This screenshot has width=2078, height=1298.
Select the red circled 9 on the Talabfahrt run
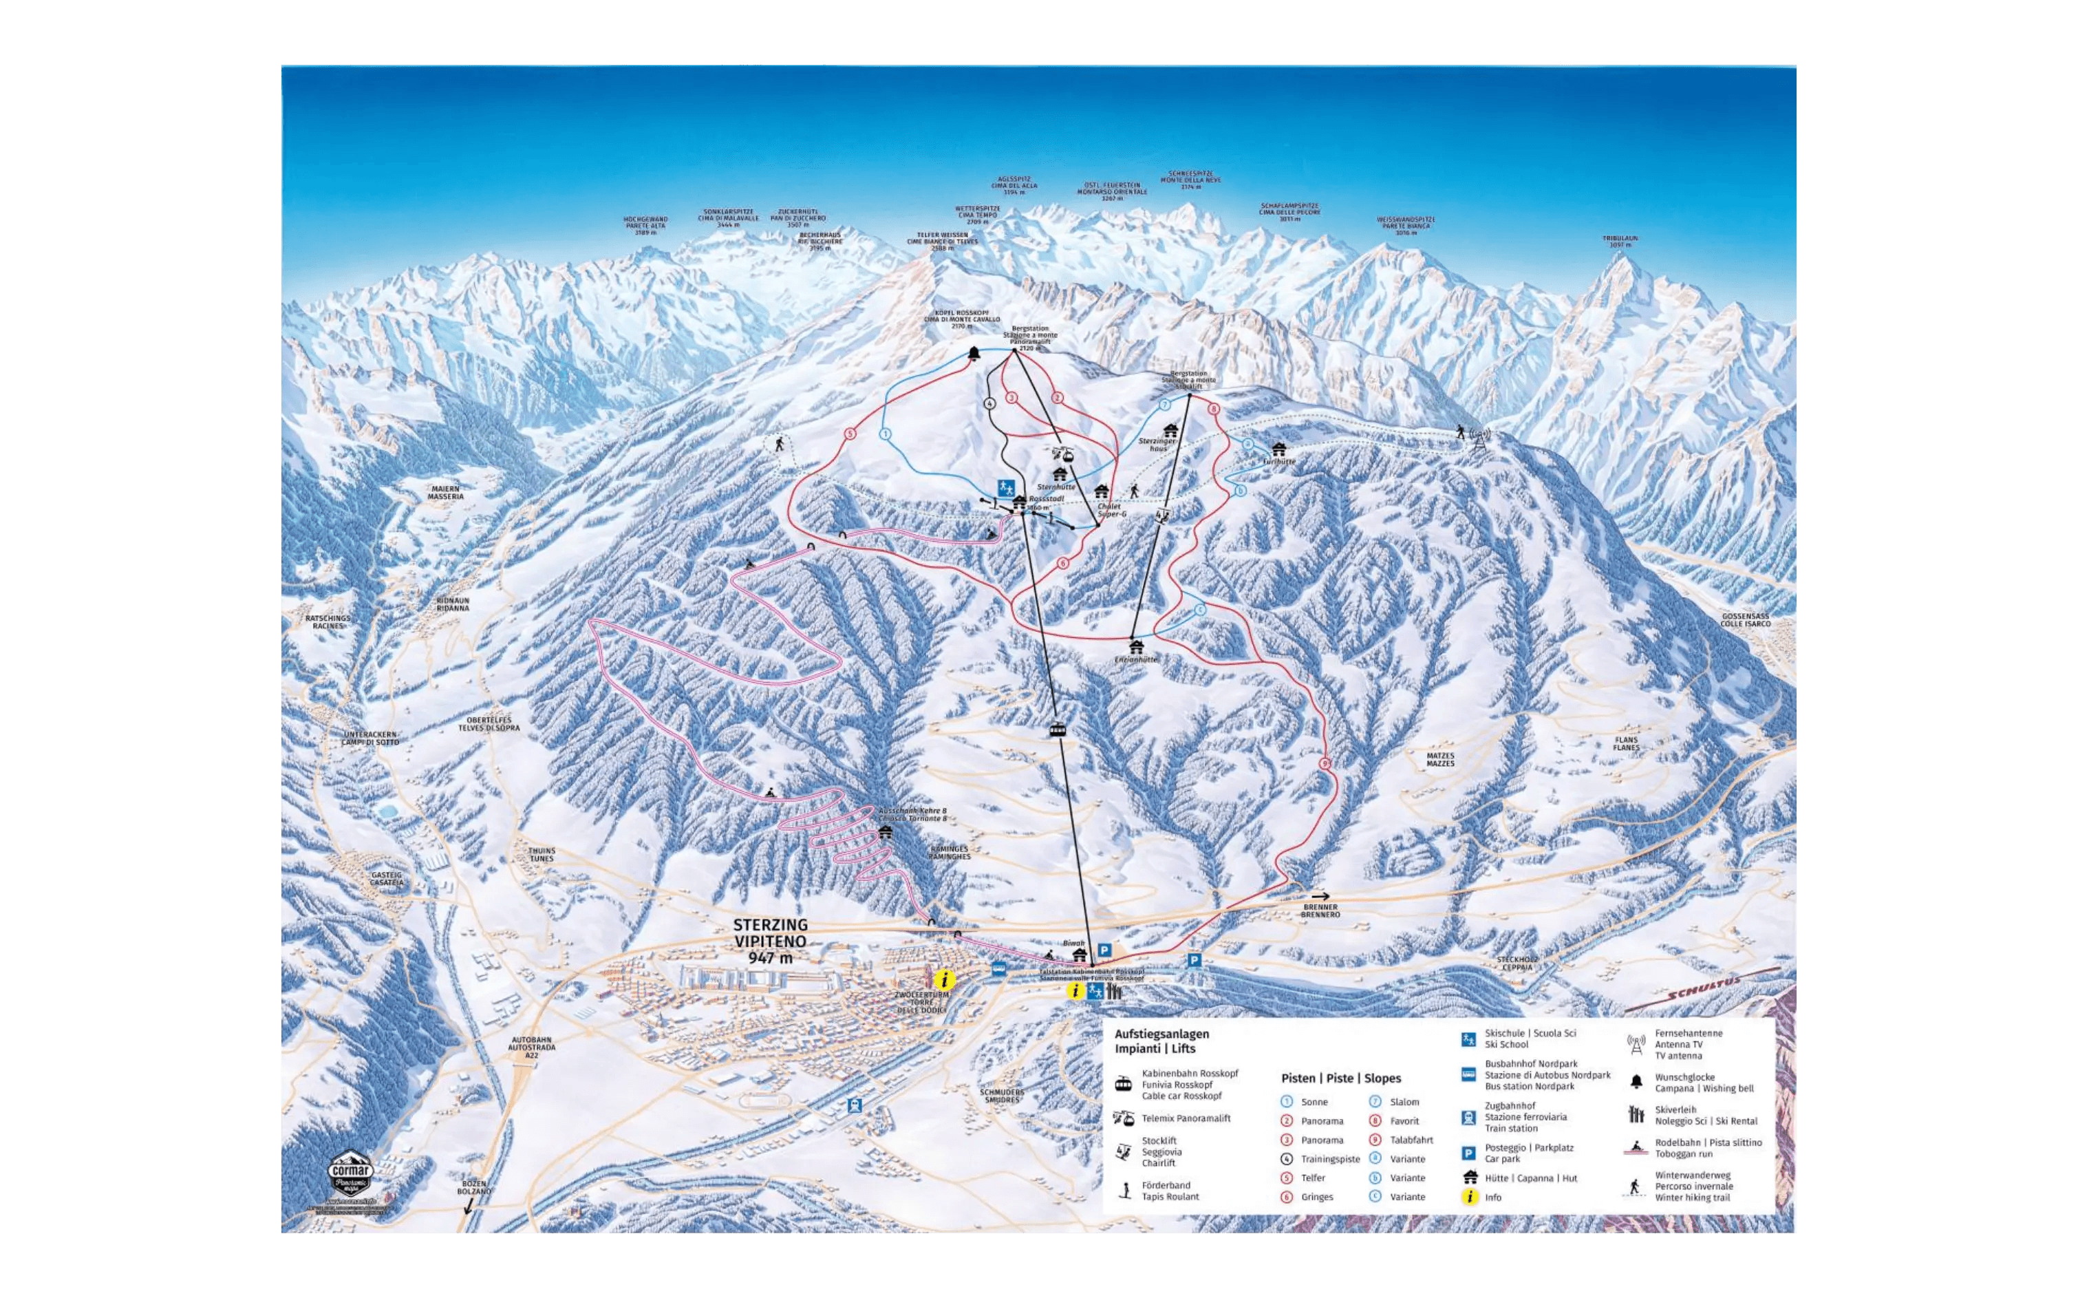1325,763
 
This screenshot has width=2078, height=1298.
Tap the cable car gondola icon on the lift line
1058,730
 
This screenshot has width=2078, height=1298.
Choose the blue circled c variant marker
1200,608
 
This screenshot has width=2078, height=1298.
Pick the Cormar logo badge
352,1171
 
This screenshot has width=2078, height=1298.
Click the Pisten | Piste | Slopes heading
1340,1078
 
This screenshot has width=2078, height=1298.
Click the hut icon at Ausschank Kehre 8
886,831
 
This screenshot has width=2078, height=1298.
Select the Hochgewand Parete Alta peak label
645,226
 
